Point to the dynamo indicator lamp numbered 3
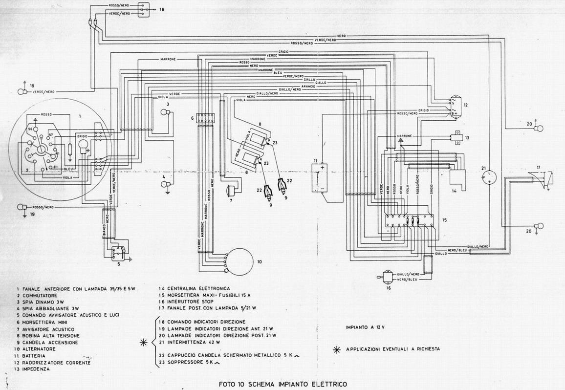tap(165, 113)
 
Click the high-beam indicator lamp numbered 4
tap(165, 184)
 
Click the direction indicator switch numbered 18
tap(143, 10)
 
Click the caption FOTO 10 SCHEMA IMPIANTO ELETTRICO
tap(283, 384)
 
